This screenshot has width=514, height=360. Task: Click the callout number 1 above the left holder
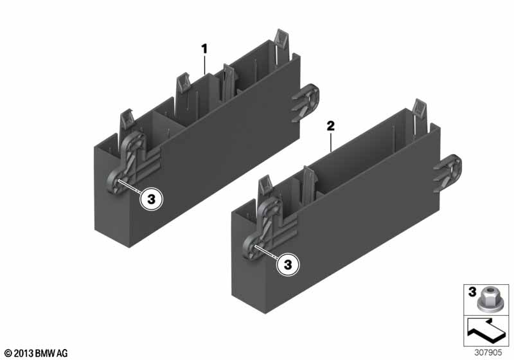point(204,50)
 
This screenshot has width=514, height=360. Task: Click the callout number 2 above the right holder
point(330,126)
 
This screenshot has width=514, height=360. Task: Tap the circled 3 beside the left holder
point(152,199)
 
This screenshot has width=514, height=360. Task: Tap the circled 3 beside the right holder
point(288,265)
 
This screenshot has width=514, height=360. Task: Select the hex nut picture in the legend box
point(487,298)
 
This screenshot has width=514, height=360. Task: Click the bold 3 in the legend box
point(472,291)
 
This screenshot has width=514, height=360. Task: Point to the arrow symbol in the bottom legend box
point(486,330)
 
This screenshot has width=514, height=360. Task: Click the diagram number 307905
point(488,352)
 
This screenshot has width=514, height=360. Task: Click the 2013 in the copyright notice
point(24,354)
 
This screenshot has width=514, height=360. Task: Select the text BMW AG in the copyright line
point(51,354)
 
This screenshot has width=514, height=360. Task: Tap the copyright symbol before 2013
point(8,354)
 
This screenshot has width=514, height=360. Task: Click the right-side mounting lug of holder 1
point(305,103)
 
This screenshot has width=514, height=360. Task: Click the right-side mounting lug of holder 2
point(447,173)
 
